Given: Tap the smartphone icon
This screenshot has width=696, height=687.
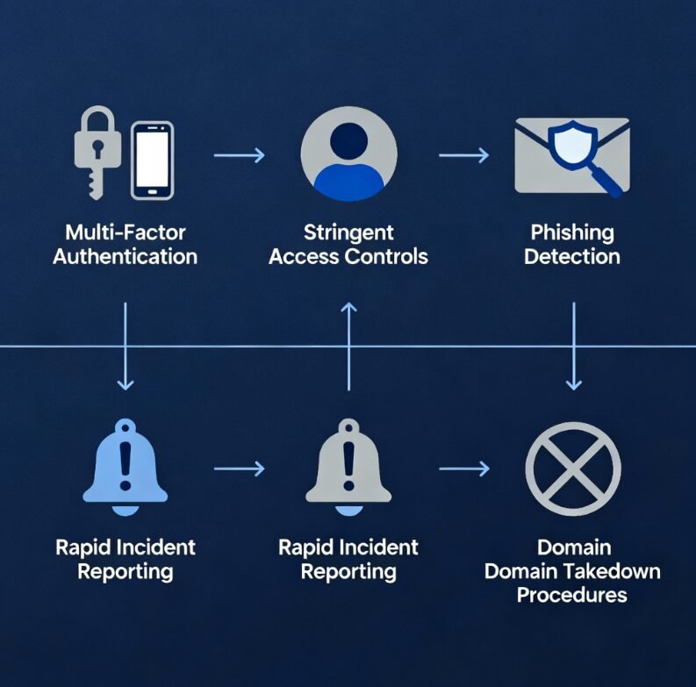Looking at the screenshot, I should [x=152, y=160].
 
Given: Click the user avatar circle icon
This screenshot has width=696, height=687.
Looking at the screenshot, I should [x=348, y=154].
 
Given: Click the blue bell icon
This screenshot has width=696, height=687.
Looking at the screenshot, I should [x=126, y=469].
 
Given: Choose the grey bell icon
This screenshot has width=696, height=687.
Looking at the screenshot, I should [x=348, y=469].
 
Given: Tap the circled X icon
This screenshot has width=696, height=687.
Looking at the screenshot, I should [x=573, y=469].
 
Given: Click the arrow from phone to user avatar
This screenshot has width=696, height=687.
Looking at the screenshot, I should [x=239, y=155].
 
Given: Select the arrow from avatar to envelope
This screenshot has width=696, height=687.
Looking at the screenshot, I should [x=463, y=155].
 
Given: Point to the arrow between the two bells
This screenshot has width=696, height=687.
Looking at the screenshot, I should [x=239, y=469].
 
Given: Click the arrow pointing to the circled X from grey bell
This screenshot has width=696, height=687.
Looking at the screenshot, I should [x=463, y=469].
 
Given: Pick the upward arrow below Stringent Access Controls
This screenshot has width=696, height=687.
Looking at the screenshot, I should [x=348, y=346].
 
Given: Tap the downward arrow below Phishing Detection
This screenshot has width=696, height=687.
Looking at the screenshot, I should [x=573, y=346].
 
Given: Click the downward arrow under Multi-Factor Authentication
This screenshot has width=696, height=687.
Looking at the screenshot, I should [x=126, y=346].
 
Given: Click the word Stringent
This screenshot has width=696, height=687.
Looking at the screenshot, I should [x=348, y=233].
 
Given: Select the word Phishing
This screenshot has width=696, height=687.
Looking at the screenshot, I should [x=572, y=233].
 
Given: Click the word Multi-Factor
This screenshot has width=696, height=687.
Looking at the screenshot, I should [x=125, y=233].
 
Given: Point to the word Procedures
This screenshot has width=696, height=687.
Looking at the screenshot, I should [x=571, y=595].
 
